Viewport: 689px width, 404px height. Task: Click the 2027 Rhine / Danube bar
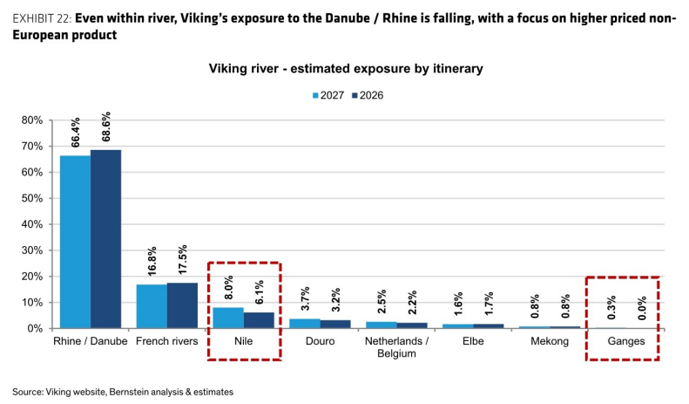(75, 242)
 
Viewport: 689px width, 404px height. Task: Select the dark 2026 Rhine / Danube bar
(106, 239)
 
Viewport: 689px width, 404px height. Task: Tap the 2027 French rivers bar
(152, 306)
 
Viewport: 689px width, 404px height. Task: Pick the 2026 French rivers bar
(182, 305)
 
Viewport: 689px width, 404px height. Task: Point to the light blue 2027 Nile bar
(228, 318)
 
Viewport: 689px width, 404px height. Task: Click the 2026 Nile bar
(259, 320)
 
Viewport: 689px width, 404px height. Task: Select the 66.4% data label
(76, 132)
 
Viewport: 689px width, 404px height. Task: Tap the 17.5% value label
(182, 260)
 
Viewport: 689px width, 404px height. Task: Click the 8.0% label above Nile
(228, 287)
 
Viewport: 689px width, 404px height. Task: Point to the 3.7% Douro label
(305, 298)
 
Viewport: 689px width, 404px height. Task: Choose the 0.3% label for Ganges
(611, 307)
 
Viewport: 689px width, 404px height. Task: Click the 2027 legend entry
(328, 95)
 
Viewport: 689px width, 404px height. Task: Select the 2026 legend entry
(368, 95)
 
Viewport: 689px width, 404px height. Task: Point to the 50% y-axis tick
(32, 198)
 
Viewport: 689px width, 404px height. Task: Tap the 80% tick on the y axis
(32, 120)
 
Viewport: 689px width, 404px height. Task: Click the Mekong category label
(550, 341)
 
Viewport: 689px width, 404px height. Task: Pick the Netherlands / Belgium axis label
(396, 347)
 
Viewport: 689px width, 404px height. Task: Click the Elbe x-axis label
(473, 341)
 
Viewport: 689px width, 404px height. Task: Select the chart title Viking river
(346, 69)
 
